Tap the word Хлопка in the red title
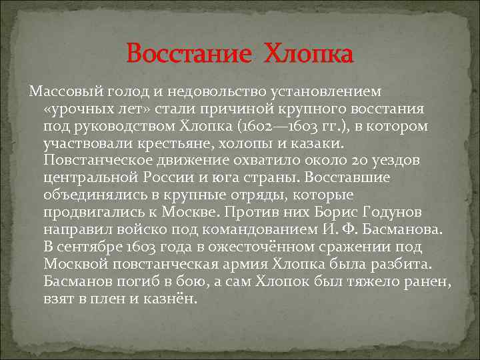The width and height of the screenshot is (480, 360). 308,53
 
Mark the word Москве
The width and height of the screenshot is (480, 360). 189,213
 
